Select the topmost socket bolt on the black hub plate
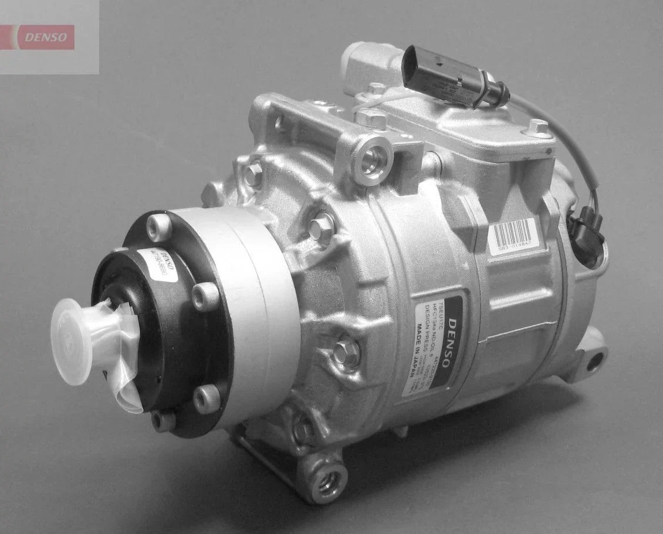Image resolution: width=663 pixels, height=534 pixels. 159,226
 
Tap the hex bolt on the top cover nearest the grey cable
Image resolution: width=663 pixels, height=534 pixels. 537,127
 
